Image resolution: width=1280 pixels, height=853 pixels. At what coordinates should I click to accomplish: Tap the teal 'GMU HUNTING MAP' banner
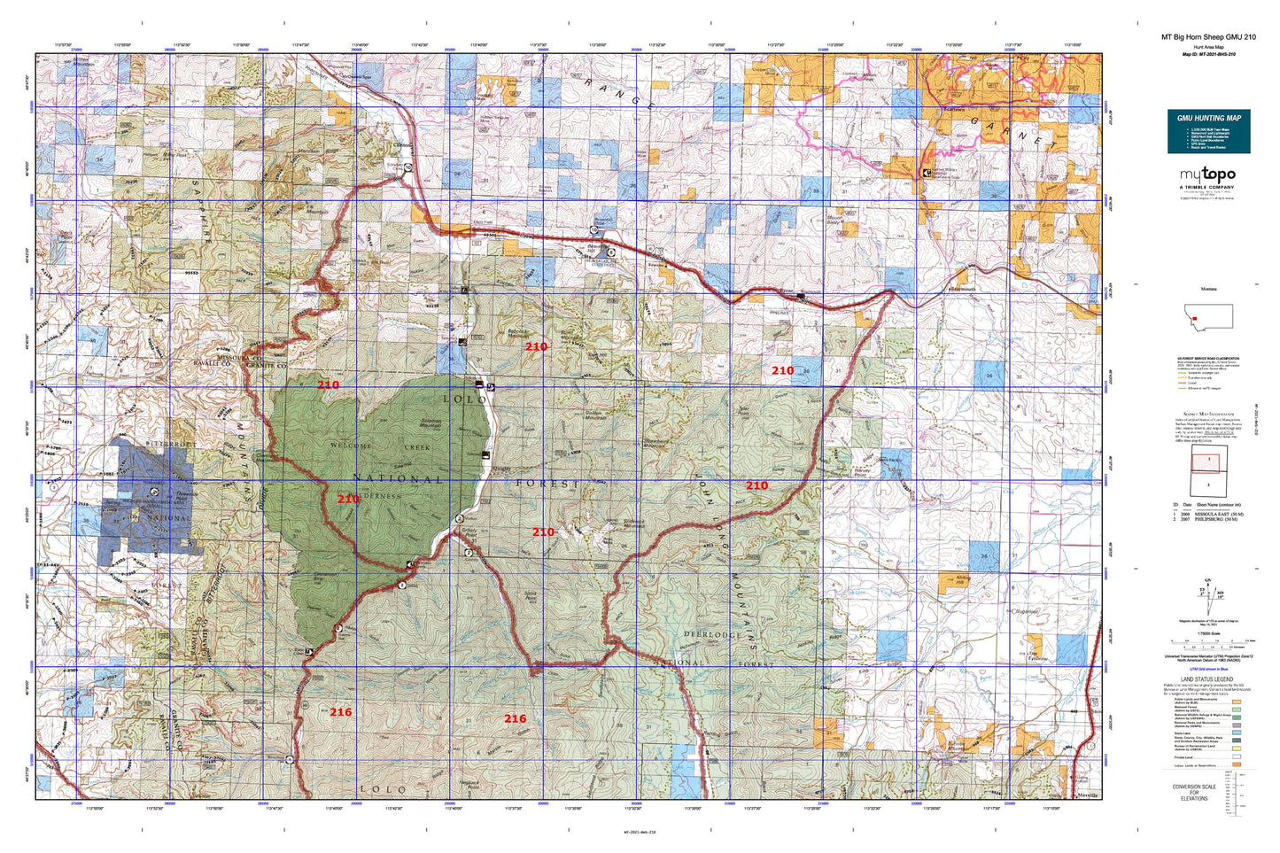click(x=1208, y=118)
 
